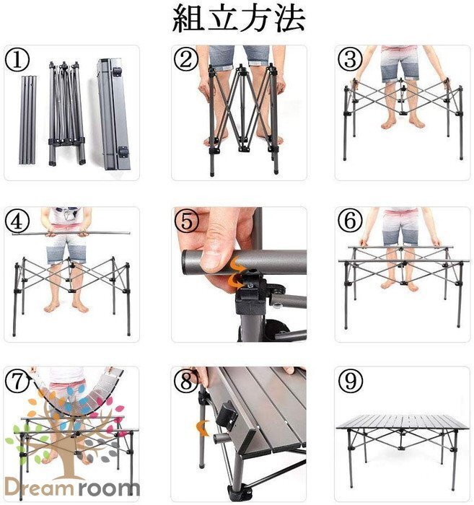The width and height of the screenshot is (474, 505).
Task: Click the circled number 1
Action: tap(17, 60)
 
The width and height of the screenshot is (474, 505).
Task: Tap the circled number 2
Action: tap(186, 60)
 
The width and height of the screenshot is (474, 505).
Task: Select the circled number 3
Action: tap(351, 60)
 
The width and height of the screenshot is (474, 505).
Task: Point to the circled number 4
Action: tap(17, 221)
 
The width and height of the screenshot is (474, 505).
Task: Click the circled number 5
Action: tap(186, 221)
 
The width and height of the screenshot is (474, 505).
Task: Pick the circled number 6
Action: tap(351, 221)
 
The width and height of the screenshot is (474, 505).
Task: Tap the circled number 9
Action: tap(351, 380)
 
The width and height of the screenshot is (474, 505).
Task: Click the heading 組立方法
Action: tap(239, 19)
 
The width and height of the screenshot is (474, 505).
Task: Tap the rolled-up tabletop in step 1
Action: tap(113, 114)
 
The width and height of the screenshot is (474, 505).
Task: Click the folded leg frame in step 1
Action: tap(66, 113)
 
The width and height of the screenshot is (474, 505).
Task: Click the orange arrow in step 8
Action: tap(203, 428)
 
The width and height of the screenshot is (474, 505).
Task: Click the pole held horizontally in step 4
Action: tap(71, 233)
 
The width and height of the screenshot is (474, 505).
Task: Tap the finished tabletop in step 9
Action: tap(402, 422)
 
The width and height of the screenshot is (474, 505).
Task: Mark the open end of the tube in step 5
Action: tap(187, 263)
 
